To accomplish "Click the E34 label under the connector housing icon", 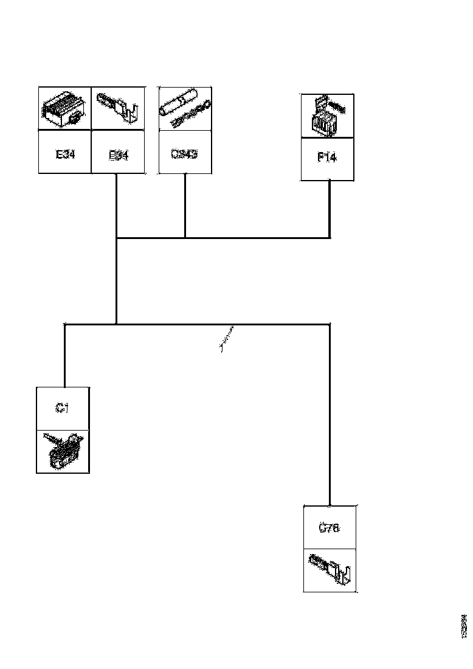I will point(65,154).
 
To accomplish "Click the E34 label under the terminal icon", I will point(118,154).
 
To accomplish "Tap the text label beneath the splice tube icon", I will point(184,154).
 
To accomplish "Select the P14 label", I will point(327,158).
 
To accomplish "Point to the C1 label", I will point(62,409).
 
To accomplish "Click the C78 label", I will point(330,528).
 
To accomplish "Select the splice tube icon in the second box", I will point(184,108).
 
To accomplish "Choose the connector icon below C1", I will point(63,451).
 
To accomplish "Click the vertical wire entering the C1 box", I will point(64,356).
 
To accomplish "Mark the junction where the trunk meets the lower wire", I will point(116,324).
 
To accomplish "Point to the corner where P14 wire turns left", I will point(330,237).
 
